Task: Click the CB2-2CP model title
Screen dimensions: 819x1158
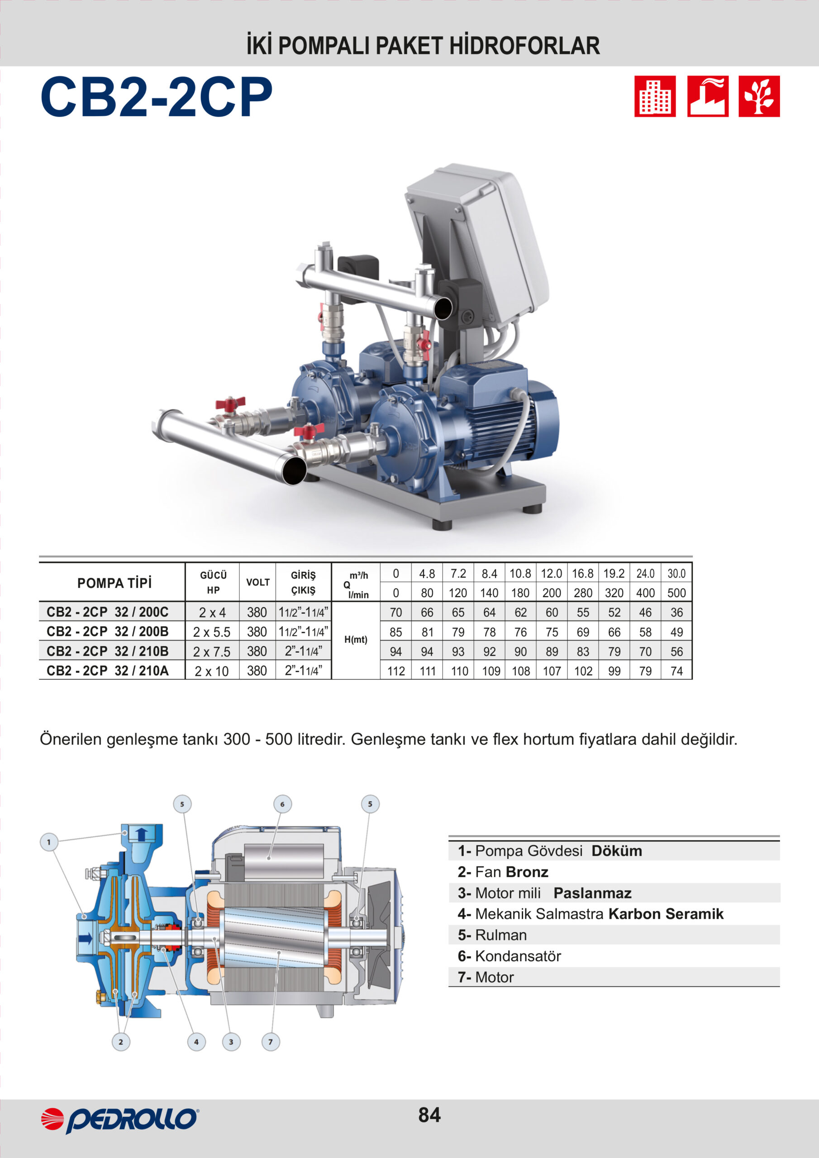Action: pyautogui.click(x=157, y=97)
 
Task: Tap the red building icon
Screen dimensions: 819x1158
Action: pyautogui.click(x=655, y=96)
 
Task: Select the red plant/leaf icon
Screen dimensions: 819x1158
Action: pyautogui.click(x=759, y=96)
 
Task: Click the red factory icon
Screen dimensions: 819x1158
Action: pyautogui.click(x=708, y=96)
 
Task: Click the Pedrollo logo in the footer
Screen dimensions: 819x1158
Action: pyautogui.click(x=120, y=1120)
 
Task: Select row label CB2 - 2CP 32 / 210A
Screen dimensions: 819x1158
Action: pyautogui.click(x=108, y=671)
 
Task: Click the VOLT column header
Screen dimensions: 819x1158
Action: pyautogui.click(x=258, y=583)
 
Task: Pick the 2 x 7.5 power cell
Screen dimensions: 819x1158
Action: pyautogui.click(x=212, y=652)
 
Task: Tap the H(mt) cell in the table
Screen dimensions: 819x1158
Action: pyautogui.click(x=356, y=640)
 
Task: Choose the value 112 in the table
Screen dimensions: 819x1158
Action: pyautogui.click(x=396, y=671)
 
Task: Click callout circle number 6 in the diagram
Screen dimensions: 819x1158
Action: pyautogui.click(x=283, y=804)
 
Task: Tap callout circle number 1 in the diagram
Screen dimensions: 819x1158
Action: pyautogui.click(x=49, y=842)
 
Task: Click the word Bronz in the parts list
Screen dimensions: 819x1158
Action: pyautogui.click(x=527, y=872)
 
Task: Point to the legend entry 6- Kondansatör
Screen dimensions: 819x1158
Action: pyautogui.click(x=509, y=956)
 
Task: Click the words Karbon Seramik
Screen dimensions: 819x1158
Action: pyautogui.click(x=666, y=914)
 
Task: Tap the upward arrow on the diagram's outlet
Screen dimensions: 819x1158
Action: pyautogui.click(x=141, y=835)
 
